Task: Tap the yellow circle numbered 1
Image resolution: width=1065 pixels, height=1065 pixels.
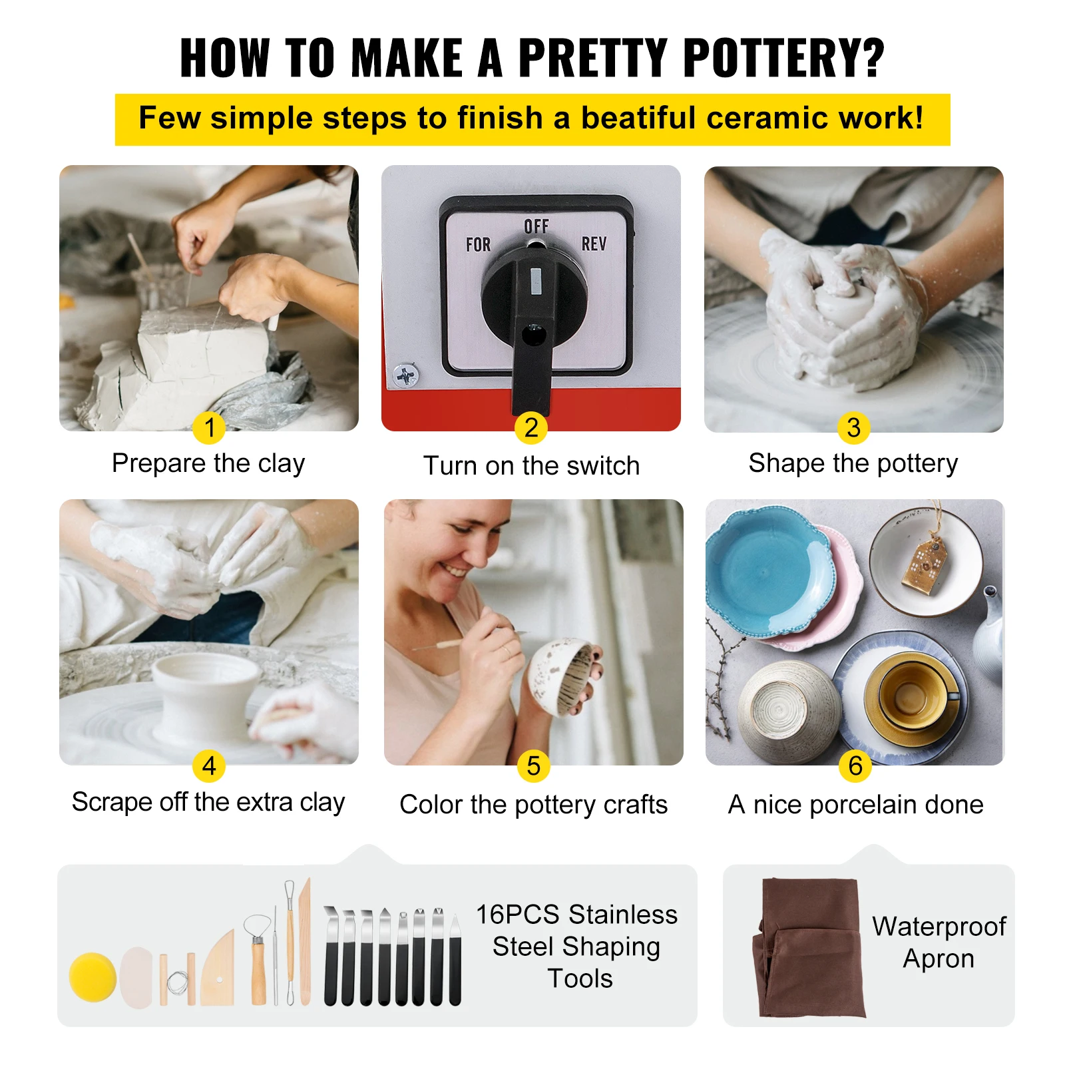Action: (209, 427)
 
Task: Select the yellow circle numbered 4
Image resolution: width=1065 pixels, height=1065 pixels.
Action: (209, 765)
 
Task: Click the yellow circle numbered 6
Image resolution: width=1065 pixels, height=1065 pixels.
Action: (855, 765)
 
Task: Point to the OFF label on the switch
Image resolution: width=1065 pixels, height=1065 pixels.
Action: (536, 226)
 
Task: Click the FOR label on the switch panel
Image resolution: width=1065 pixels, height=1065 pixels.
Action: (478, 245)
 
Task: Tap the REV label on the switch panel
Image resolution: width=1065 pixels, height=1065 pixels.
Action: (594, 244)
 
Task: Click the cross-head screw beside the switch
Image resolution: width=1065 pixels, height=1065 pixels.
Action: (406, 376)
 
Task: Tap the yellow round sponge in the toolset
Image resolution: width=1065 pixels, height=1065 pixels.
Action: (93, 976)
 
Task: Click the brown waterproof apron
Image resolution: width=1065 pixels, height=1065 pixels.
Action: (809, 949)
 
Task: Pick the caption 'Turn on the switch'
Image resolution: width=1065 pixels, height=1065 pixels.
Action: (531, 466)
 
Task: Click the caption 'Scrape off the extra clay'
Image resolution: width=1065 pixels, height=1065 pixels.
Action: (208, 802)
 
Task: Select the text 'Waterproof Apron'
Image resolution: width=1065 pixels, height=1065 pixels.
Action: (939, 943)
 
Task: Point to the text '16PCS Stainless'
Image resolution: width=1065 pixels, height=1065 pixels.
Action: (576, 915)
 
